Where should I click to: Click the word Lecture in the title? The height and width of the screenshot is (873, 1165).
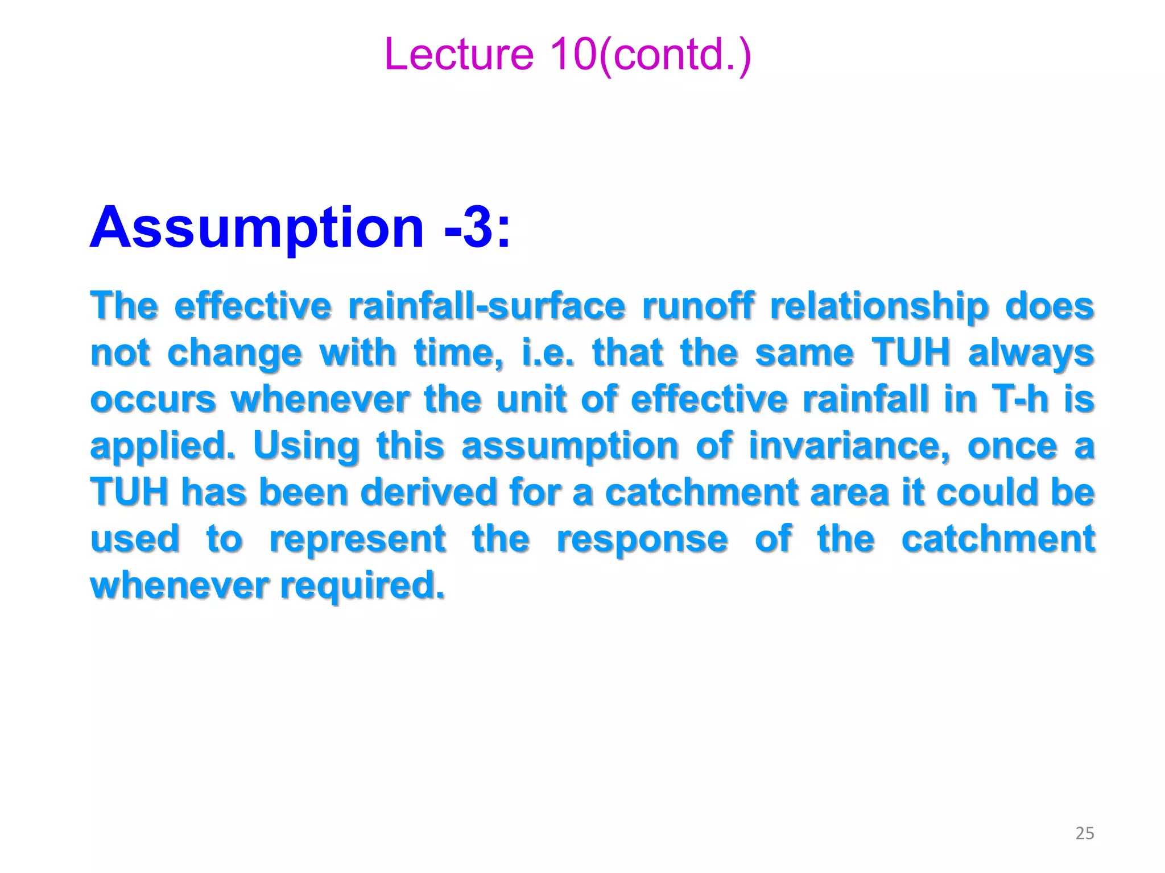click(458, 55)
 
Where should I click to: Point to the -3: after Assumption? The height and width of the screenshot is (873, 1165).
click(477, 228)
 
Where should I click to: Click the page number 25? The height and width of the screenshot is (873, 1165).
click(1085, 833)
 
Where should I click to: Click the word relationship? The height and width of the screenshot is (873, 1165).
click(879, 306)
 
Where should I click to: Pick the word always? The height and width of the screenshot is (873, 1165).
click(1031, 354)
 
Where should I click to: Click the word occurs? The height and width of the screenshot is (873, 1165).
click(153, 400)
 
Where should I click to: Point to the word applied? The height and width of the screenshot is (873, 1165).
click(163, 446)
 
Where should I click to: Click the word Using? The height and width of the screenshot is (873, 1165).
click(306, 446)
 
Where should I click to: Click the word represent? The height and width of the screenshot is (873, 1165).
click(357, 539)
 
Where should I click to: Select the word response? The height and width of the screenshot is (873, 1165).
click(642, 539)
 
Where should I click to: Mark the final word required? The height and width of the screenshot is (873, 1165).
click(362, 585)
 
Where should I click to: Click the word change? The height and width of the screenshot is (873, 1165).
click(234, 354)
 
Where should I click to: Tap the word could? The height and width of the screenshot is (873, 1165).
click(989, 492)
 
